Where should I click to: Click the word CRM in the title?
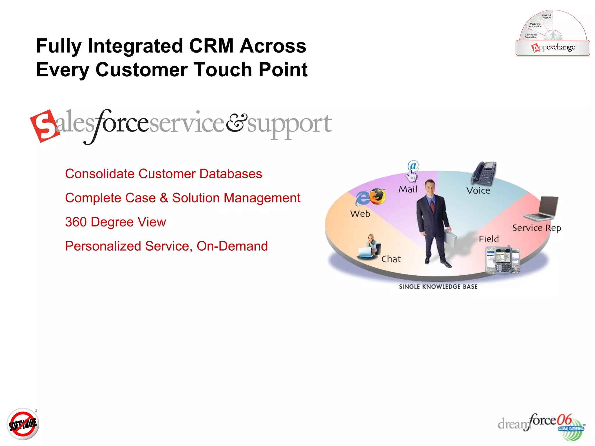tap(211, 46)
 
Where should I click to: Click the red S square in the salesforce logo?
tap(44, 126)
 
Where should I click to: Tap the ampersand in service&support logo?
tap(236, 122)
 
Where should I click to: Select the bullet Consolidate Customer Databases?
tap(163, 174)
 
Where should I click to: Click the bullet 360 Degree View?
tap(115, 222)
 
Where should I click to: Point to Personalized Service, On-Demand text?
tap(166, 246)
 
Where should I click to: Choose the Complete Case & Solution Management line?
tap(182, 198)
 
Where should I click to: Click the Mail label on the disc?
tap(408, 189)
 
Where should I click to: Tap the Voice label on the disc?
tap(478, 190)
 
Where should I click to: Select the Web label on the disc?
tap(360, 214)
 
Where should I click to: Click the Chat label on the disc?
tap(391, 259)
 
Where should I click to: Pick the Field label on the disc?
tap(489, 239)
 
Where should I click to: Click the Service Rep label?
tap(536, 228)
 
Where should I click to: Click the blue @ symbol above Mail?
tap(413, 166)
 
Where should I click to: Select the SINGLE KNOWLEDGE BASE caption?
tap(438, 287)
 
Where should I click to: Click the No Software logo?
tap(23, 424)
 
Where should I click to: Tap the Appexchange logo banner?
tap(553, 48)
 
